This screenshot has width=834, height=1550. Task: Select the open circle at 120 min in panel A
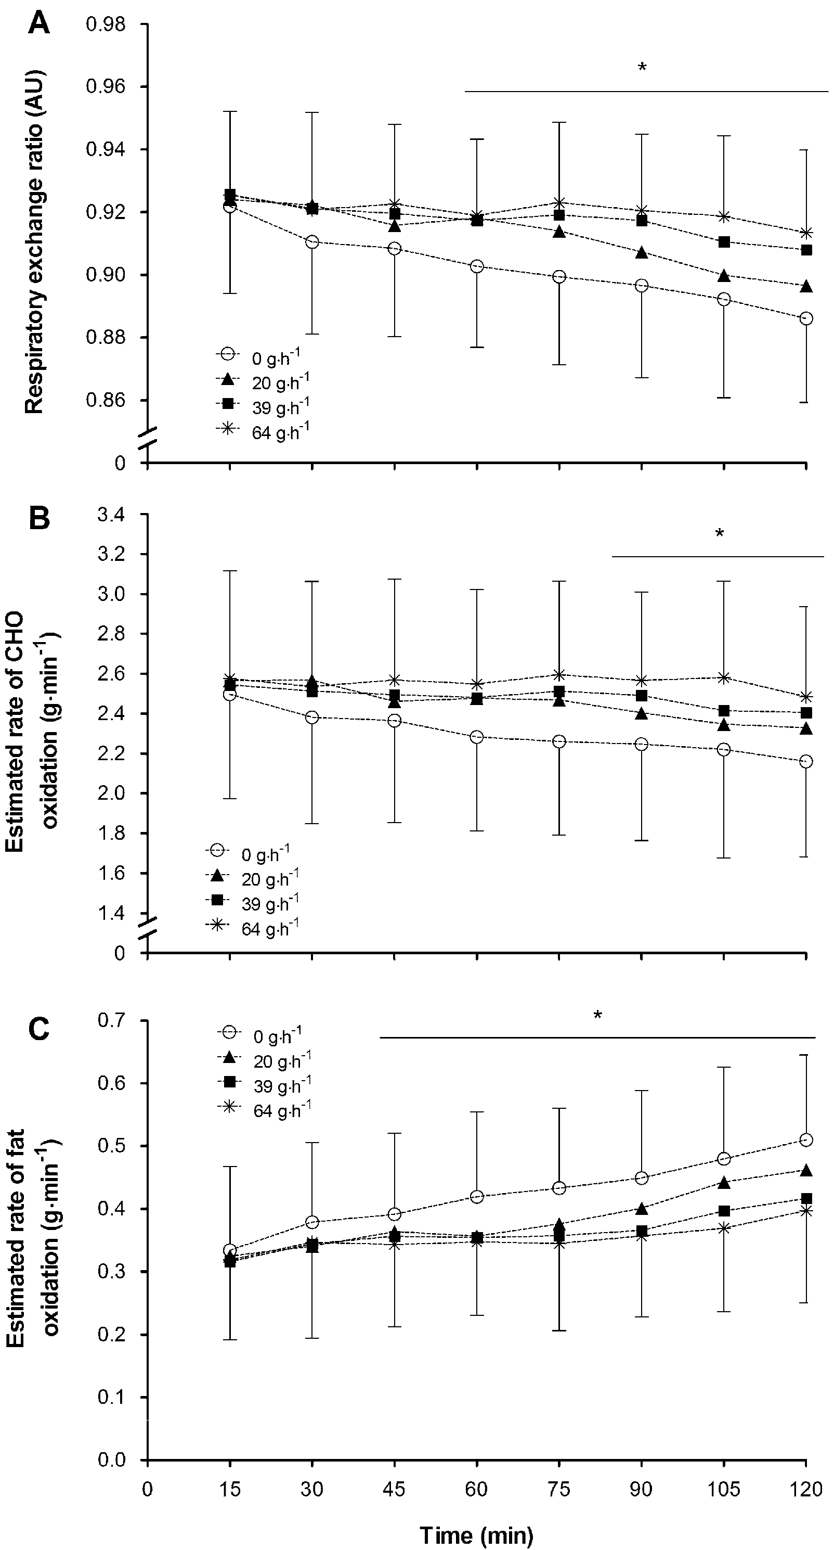[806, 318]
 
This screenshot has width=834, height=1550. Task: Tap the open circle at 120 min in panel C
[807, 1139]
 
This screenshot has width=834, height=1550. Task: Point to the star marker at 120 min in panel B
[806, 697]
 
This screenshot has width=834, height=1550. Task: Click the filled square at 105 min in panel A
[724, 242]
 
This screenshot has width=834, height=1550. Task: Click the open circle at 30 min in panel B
[312, 717]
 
